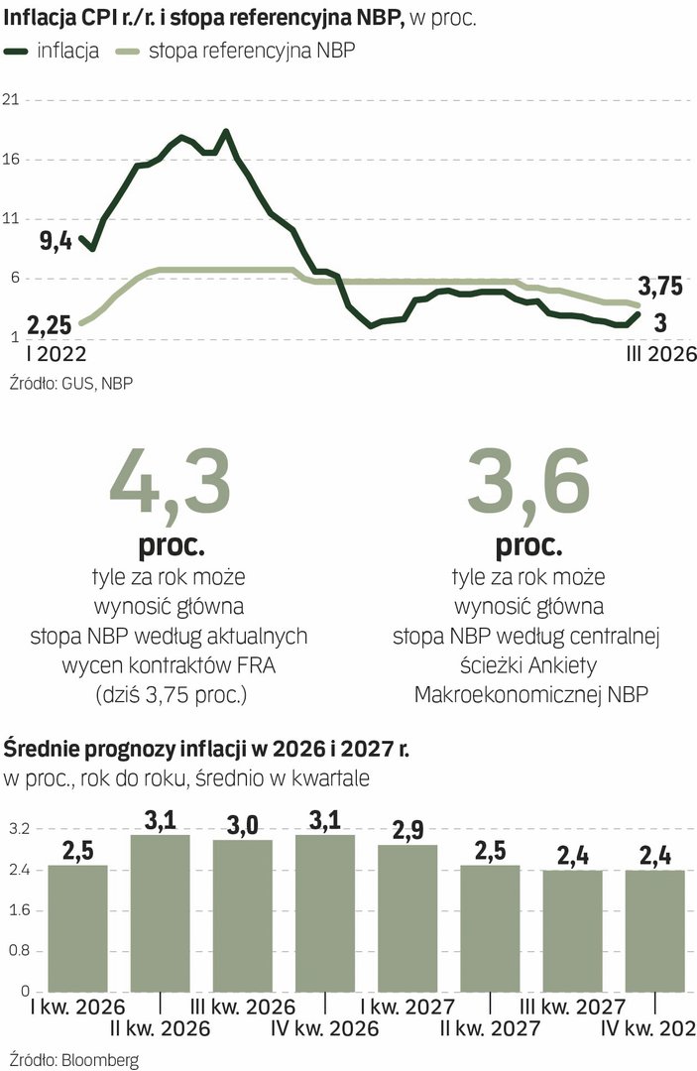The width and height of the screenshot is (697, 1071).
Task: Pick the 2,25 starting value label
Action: click(48, 323)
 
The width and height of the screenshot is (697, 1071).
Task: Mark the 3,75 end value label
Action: click(659, 288)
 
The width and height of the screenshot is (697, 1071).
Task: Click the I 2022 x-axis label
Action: click(41, 353)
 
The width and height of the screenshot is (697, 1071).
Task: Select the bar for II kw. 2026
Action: click(161, 912)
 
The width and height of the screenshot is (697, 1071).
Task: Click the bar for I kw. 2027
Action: click(407, 917)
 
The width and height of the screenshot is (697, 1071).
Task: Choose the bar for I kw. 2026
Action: click(78, 927)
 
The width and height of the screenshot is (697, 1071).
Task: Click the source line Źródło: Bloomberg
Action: click(72, 1059)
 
